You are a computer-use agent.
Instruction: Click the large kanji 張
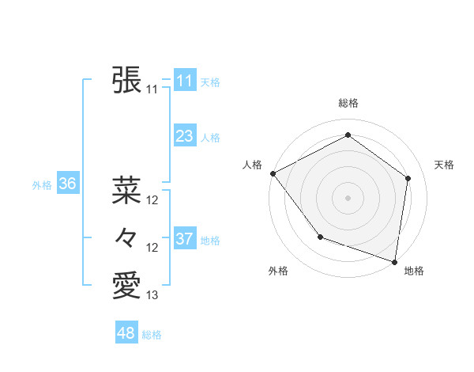pyautogui.click(x=127, y=80)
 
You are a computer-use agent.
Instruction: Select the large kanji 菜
pyautogui.click(x=127, y=190)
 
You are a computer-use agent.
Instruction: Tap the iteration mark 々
pyautogui.click(x=127, y=237)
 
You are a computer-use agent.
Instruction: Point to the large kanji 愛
pyautogui.click(x=127, y=285)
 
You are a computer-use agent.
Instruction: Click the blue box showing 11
pyautogui.click(x=184, y=80)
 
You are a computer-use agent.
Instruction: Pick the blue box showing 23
pyautogui.click(x=184, y=136)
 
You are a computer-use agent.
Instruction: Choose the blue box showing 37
pyautogui.click(x=184, y=238)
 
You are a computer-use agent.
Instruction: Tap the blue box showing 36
pyautogui.click(x=67, y=184)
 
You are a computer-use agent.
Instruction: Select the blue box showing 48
pyautogui.click(x=126, y=333)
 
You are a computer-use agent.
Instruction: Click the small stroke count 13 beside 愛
pyautogui.click(x=152, y=295)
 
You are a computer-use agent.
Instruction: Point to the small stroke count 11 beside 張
pyautogui.click(x=152, y=89)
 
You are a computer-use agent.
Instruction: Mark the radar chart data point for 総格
pyautogui.click(x=348, y=135)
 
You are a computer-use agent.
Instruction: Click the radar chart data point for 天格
pyautogui.click(x=408, y=178)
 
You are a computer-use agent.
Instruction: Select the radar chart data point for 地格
pyautogui.click(x=394, y=261)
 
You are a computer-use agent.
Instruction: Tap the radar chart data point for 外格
pyautogui.click(x=320, y=236)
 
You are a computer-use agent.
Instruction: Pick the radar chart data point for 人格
pyautogui.click(x=273, y=173)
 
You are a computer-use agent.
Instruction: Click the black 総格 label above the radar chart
pyautogui.click(x=348, y=103)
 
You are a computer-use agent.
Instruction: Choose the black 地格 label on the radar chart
pyautogui.click(x=414, y=271)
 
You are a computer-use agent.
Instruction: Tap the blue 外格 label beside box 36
pyautogui.click(x=42, y=184)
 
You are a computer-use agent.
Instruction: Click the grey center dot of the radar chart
pyautogui.click(x=348, y=198)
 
